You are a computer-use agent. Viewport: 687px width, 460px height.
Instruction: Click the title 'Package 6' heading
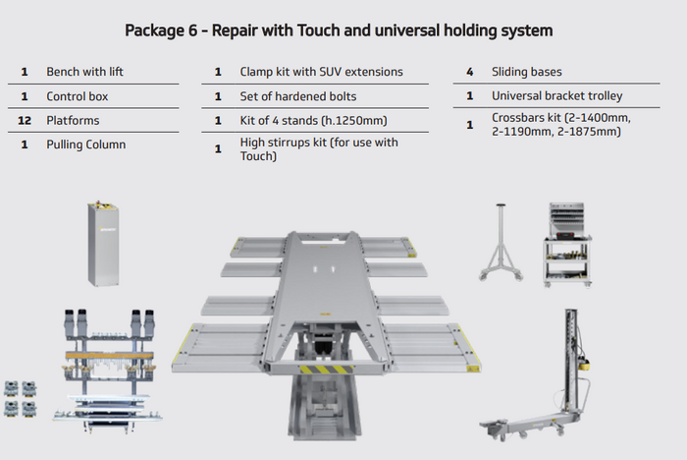coord(339,30)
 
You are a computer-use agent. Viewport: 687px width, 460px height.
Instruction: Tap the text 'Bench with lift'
coord(84,72)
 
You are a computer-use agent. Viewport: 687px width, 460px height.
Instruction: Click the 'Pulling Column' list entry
coord(85,144)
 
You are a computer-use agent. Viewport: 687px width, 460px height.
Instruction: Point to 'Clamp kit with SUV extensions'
coord(321,72)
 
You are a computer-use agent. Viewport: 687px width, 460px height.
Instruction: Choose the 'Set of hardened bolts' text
coord(297,96)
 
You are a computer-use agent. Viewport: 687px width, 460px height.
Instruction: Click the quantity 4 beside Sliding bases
coord(470,72)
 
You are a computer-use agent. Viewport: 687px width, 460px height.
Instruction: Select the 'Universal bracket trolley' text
coord(556,96)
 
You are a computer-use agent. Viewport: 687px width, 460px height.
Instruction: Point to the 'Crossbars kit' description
coord(560,125)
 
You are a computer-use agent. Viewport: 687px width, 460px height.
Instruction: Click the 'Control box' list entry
coord(77,96)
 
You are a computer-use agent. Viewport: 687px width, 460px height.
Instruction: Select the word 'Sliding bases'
coord(526,72)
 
